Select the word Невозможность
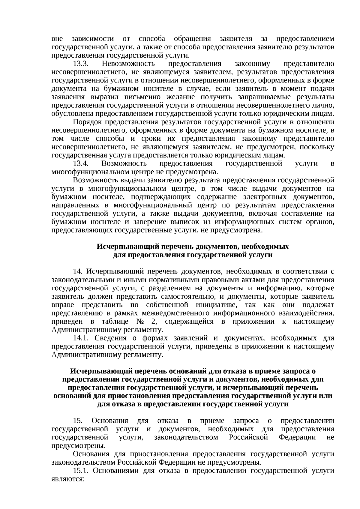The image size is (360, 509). click(128, 64)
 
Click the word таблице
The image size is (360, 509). click(111, 322)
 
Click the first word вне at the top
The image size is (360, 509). click(57, 39)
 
